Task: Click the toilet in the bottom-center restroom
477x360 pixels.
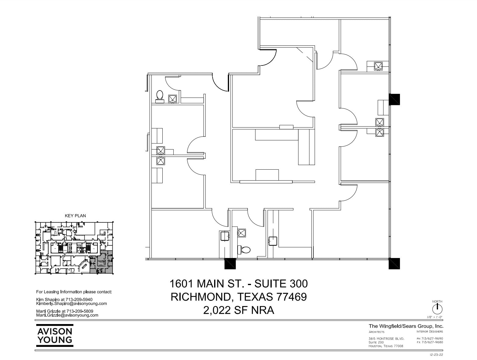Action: point(245,250)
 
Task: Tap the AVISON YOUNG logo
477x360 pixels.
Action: point(55,335)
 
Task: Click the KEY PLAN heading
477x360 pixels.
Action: point(75,216)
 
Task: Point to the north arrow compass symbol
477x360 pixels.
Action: point(437,308)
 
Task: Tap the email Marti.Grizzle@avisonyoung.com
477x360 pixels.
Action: point(67,316)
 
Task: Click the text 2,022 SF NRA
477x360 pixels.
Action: point(238,310)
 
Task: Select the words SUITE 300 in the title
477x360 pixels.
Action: point(281,284)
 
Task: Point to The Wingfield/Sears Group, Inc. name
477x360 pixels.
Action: point(406,326)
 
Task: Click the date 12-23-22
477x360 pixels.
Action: point(436,355)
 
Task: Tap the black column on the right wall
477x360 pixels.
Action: point(394,99)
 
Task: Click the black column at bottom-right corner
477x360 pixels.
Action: point(394,263)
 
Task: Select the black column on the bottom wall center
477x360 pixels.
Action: point(230,263)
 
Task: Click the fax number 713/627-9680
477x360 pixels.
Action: point(432,342)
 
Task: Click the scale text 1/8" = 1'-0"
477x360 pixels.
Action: point(435,317)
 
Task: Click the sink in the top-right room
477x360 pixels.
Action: point(378,66)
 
